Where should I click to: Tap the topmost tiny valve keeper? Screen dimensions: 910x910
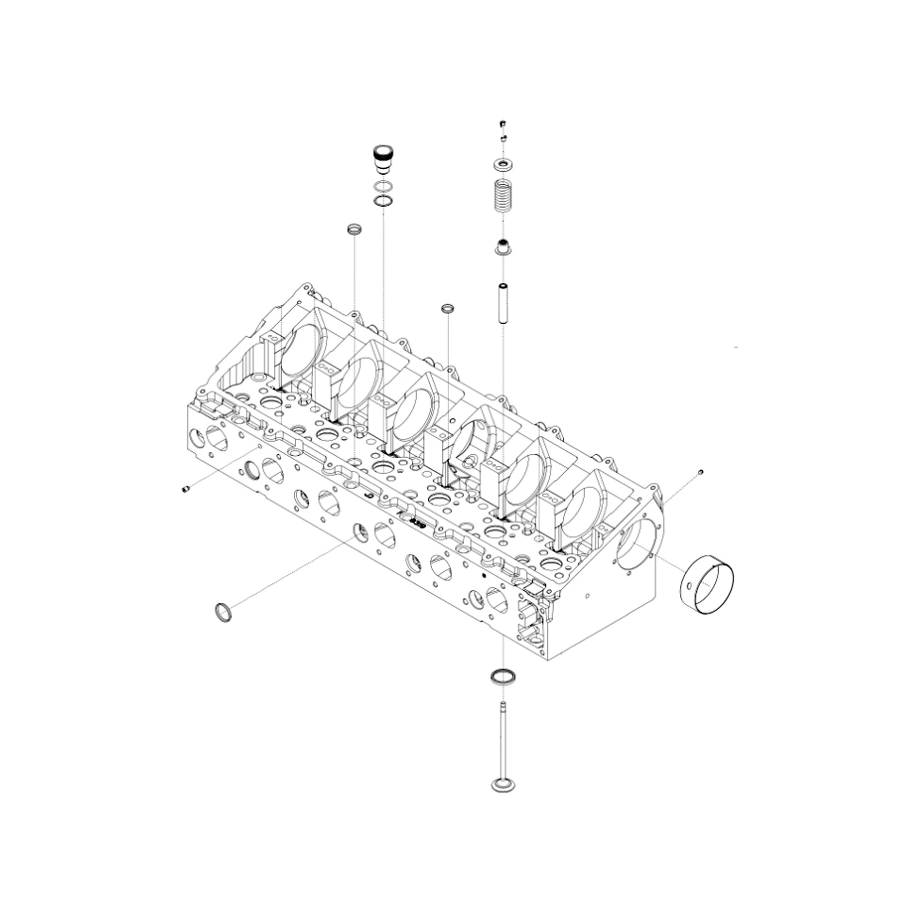click(x=503, y=124)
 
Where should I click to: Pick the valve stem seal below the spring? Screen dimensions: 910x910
click(x=503, y=246)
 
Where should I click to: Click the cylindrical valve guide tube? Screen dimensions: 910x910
click(x=503, y=303)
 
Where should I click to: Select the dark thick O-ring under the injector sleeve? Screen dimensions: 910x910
click(x=383, y=201)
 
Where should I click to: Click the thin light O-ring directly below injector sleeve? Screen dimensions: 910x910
click(x=383, y=187)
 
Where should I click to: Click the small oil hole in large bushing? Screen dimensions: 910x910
click(x=690, y=587)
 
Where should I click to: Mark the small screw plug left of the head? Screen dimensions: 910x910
click(x=185, y=490)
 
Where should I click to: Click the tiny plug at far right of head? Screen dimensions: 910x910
click(x=701, y=471)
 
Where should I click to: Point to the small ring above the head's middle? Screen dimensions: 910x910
click(x=447, y=308)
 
